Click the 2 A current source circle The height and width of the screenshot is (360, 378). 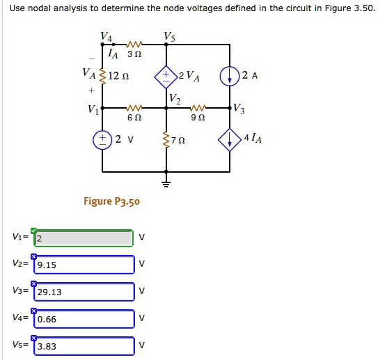231,77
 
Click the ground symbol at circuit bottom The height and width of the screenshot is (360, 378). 166,184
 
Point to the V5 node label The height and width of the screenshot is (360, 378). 169,36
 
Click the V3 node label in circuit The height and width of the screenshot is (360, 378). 239,108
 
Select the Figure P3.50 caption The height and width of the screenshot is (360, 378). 112,201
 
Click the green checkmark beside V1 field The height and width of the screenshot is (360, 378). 33,230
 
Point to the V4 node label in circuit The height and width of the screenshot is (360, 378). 105,36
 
